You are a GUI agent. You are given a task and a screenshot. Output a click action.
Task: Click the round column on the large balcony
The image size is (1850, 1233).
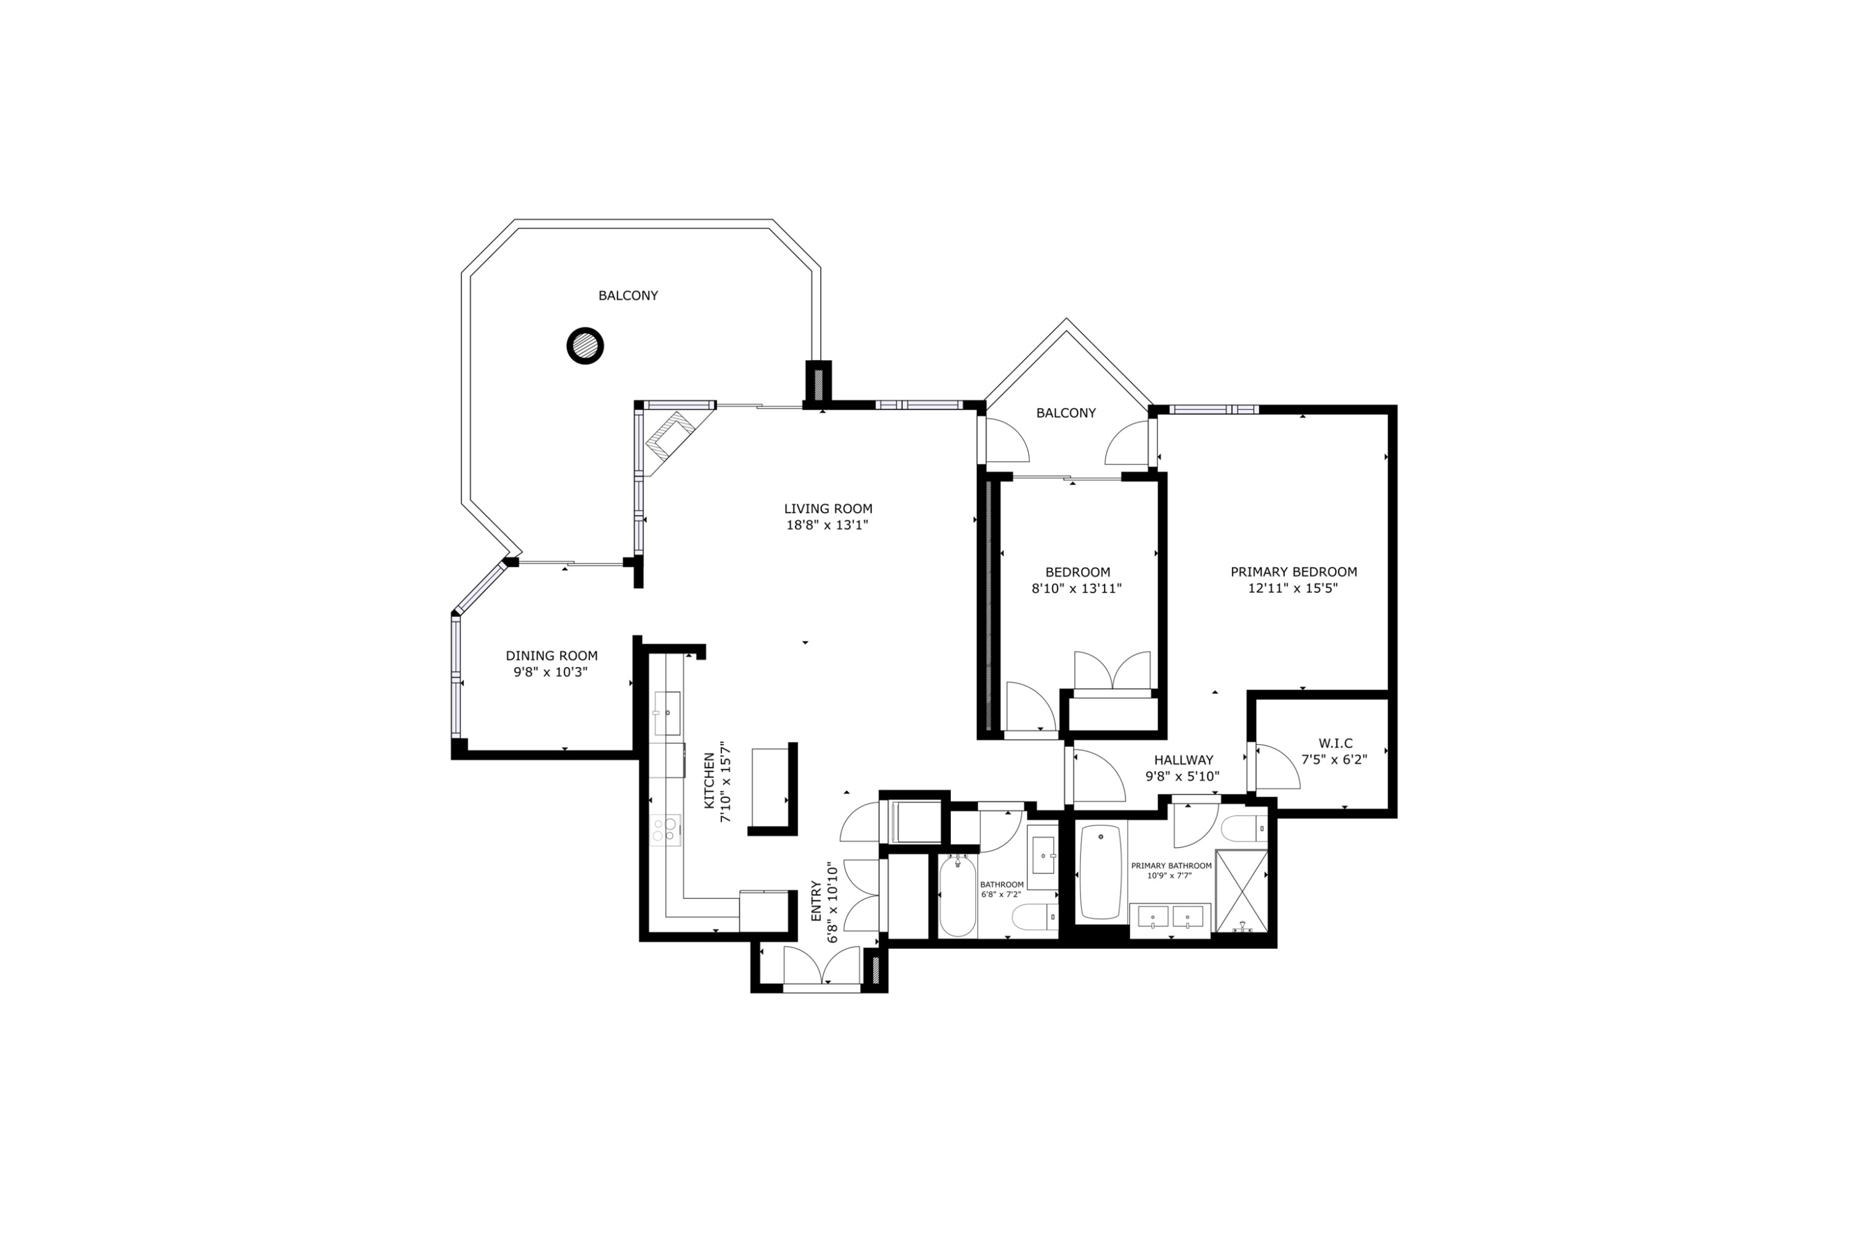[585, 345]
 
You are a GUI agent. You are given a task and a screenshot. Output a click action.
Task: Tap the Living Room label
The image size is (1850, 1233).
[828, 509]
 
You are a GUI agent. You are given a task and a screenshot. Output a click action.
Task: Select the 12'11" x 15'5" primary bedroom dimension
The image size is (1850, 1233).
[1293, 588]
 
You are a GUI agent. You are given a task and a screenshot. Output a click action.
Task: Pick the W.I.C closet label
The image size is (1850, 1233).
[1335, 743]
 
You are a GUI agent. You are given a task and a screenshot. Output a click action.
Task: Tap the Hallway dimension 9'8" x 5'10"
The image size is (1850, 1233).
[1182, 776]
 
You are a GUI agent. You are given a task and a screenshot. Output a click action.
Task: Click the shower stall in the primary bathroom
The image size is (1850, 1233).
[1241, 891]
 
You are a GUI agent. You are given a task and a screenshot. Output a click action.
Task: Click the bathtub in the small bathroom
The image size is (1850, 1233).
[957, 897]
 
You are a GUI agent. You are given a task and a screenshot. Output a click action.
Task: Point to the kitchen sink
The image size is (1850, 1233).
[667, 713]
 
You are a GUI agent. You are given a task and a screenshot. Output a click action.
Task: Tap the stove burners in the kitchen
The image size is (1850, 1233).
[665, 828]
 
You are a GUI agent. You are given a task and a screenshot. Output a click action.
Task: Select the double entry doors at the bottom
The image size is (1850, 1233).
[821, 967]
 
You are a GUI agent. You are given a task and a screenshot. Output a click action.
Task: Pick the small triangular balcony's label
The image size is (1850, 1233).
[1065, 413]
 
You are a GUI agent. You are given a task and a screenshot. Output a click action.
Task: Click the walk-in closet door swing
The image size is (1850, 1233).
[1277, 767]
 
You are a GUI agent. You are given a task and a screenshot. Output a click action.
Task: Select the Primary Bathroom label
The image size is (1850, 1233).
[1170, 866]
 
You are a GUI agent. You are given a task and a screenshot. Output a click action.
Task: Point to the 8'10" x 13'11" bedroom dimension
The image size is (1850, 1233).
[1076, 588]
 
